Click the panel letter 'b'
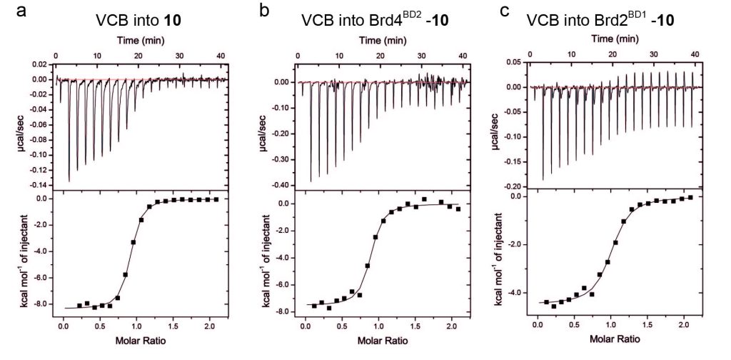tap(264, 11)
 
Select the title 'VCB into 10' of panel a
tap(138, 21)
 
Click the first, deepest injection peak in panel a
tap(69, 180)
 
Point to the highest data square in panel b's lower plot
tap(424, 199)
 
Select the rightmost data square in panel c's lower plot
tap(690, 197)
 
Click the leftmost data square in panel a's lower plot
tap(79, 306)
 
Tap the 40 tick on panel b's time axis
tap(463, 54)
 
